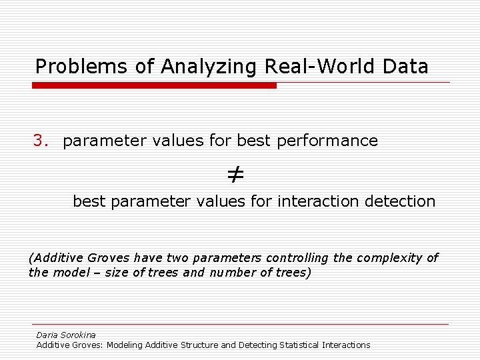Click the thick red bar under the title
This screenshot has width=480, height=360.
[x=154, y=85]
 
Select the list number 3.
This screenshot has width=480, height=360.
[x=41, y=141]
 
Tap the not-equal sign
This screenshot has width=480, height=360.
[x=235, y=175]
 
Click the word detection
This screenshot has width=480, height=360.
[x=400, y=201]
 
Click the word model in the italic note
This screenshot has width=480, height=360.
[x=69, y=273]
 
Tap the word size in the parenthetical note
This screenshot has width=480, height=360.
[x=116, y=273]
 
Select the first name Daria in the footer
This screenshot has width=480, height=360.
[x=47, y=335]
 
